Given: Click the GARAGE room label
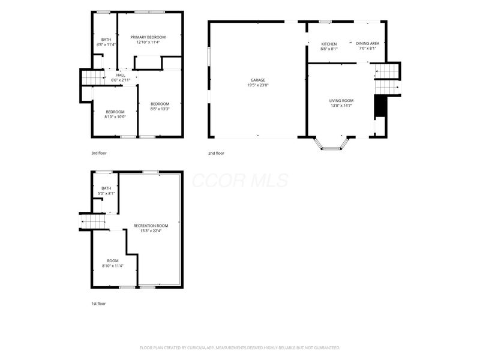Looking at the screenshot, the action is [x=258, y=80].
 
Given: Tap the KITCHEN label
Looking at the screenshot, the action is [x=329, y=44].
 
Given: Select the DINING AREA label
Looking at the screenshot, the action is [x=368, y=43].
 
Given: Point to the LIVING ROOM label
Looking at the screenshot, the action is [x=341, y=101].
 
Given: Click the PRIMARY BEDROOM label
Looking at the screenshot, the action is [x=148, y=37].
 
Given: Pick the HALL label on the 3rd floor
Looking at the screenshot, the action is [x=121, y=76].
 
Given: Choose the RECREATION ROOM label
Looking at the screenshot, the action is [x=151, y=226].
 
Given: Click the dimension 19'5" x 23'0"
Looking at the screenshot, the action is [x=258, y=85].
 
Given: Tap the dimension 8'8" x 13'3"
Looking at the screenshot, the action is [x=160, y=109].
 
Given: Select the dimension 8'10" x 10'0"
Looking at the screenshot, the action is [x=115, y=117].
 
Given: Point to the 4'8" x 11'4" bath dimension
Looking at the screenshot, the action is [x=106, y=44].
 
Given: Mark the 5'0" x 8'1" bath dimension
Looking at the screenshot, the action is [x=106, y=193].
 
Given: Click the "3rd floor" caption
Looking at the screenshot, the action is [x=99, y=153].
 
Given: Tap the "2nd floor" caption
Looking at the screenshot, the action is [x=216, y=153].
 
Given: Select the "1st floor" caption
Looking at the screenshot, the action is [x=98, y=304].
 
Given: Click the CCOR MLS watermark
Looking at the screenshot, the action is [x=241, y=181].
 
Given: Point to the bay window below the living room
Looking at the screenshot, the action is [x=332, y=144].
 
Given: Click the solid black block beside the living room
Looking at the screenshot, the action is [x=380, y=106].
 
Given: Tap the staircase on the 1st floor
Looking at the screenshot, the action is [x=92, y=221].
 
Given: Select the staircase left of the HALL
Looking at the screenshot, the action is [x=93, y=77].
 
